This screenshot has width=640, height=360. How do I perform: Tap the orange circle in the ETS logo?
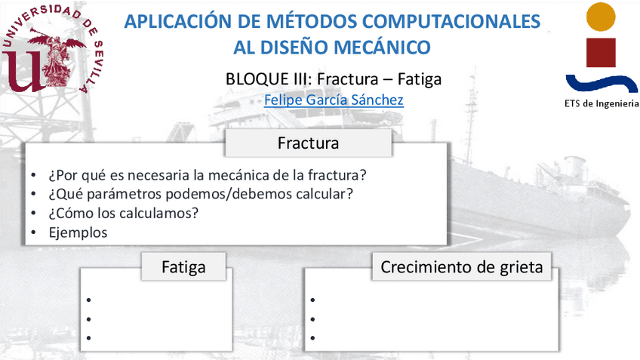[x=601, y=16]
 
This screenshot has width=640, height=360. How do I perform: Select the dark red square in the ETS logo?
[x=601, y=51]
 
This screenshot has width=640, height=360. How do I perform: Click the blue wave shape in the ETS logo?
[x=602, y=82]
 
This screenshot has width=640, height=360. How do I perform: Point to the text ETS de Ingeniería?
[x=601, y=103]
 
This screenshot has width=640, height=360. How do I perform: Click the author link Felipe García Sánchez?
[x=333, y=100]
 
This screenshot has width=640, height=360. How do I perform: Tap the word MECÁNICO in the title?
[x=386, y=48]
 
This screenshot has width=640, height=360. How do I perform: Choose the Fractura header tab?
[x=308, y=143]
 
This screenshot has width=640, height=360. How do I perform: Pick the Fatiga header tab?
[x=183, y=266]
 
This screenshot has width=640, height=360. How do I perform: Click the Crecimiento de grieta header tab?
[x=461, y=266]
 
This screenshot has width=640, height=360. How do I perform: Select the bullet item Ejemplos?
[x=78, y=232]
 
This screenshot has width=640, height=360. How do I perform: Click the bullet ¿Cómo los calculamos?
[x=123, y=213]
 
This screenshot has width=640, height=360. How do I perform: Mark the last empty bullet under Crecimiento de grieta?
[x=312, y=337]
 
